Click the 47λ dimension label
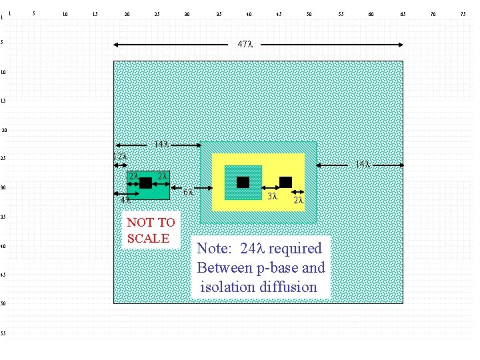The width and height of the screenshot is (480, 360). point(245,45)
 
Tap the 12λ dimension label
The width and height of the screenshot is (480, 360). point(120,157)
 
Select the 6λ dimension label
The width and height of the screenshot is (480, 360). point(188,193)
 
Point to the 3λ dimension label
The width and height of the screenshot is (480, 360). point(271,197)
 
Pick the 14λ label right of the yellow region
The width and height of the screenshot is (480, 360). point(362,164)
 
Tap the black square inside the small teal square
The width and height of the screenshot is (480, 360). point(243,182)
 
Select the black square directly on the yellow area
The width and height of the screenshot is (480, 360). point(285,182)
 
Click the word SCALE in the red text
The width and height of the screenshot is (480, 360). point(148,239)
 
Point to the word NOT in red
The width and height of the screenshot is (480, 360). point(139,223)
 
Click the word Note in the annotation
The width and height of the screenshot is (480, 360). point(213,249)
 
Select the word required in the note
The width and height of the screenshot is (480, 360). point(295,249)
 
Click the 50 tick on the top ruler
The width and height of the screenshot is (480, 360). point(309,14)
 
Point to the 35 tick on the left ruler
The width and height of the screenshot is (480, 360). point(3,217)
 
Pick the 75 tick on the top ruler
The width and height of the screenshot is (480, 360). point(463,14)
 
